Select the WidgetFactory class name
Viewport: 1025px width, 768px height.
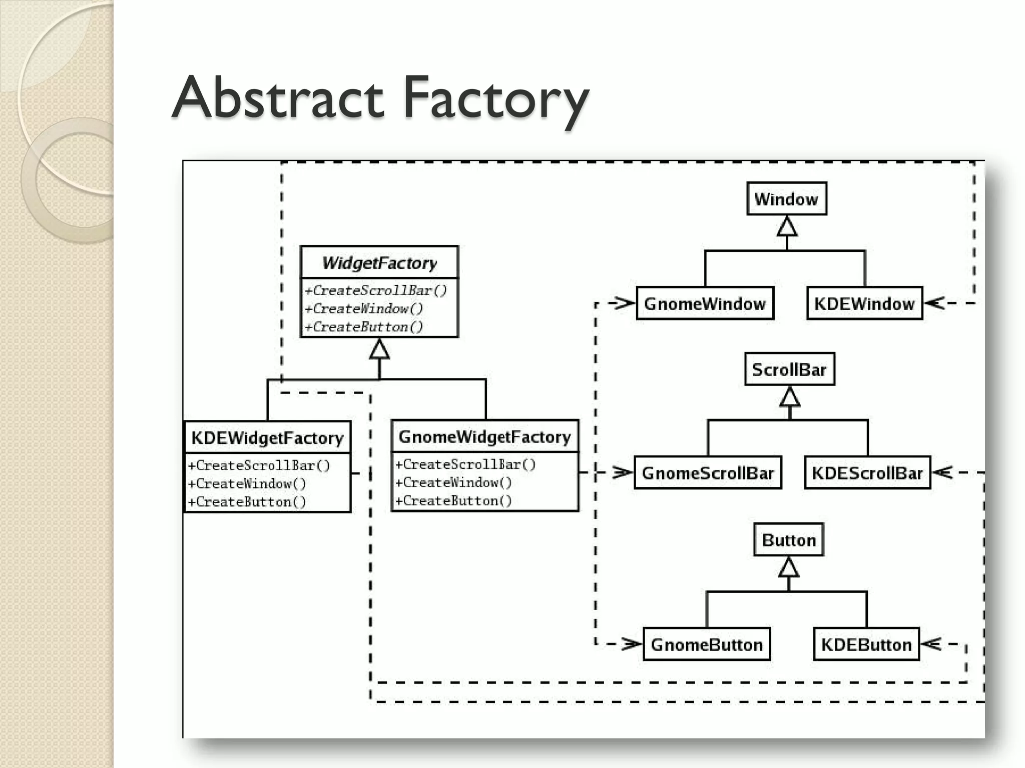(x=379, y=262)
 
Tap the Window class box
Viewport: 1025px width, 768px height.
(x=786, y=199)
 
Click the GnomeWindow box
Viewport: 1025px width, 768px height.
(x=705, y=303)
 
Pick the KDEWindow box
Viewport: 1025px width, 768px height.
(x=864, y=303)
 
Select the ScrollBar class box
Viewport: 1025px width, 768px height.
(x=789, y=369)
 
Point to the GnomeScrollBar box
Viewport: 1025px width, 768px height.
(x=707, y=472)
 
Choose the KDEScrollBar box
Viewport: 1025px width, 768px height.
(x=867, y=472)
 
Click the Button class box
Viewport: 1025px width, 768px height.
(x=789, y=540)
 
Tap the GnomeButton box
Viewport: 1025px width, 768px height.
(x=706, y=644)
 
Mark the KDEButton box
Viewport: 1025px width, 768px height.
(x=866, y=644)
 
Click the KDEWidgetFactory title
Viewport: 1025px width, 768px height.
(x=267, y=438)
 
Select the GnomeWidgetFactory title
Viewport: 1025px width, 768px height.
(x=484, y=437)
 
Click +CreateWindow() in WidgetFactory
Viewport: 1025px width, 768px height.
(x=364, y=308)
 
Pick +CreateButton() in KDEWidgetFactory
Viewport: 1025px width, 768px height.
(x=247, y=501)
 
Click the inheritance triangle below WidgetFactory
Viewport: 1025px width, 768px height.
(x=379, y=349)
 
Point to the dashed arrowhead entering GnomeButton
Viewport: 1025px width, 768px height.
(x=632, y=644)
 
